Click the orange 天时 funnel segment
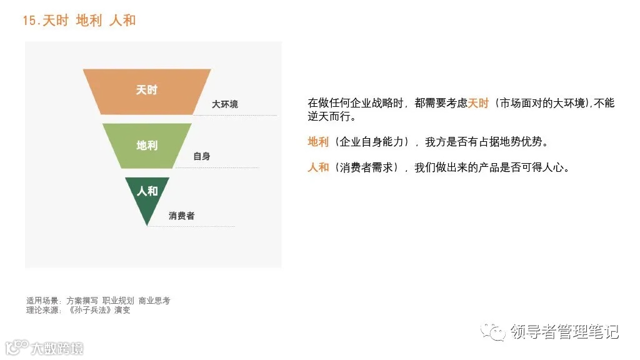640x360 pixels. tap(147, 91)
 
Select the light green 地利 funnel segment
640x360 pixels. tap(147, 146)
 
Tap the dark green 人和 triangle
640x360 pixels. tap(147, 194)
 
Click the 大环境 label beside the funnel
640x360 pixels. tap(225, 104)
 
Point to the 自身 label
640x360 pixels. tap(201, 156)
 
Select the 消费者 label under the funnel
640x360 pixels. tap(181, 216)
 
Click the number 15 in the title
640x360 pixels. tap(29, 20)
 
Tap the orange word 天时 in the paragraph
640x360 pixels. tap(478, 103)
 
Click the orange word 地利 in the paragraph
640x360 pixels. tap(318, 142)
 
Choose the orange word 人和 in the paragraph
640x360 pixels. tap(318, 167)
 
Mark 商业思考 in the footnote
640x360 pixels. tap(154, 301)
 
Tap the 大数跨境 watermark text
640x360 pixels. tap(57, 348)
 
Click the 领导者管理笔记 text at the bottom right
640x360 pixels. tap(564, 332)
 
